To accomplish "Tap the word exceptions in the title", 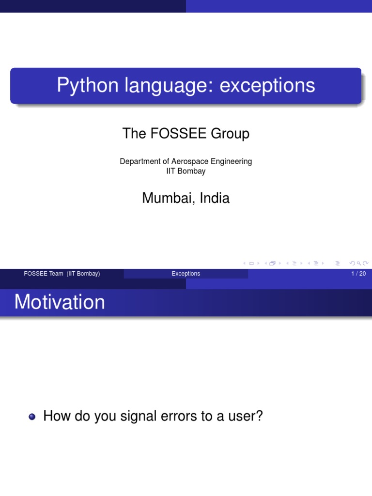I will pyautogui.click(x=267, y=86).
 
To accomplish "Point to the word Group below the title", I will pyautogui.click(x=230, y=133).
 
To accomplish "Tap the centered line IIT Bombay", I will pyautogui.click(x=186, y=171).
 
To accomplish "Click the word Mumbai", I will pyautogui.click(x=162, y=198).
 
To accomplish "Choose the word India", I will pyautogui.click(x=214, y=198).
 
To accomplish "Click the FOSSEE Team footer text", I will pyautogui.click(x=62, y=274).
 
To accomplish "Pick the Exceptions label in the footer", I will pyautogui.click(x=186, y=274).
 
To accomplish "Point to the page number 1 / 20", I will pyautogui.click(x=358, y=274).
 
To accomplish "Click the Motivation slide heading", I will pyautogui.click(x=60, y=302).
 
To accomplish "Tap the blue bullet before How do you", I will pyautogui.click(x=32, y=417).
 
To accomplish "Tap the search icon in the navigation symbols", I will pyautogui.click(x=359, y=263).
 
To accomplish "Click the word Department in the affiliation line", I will pyautogui.click(x=140, y=161).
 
